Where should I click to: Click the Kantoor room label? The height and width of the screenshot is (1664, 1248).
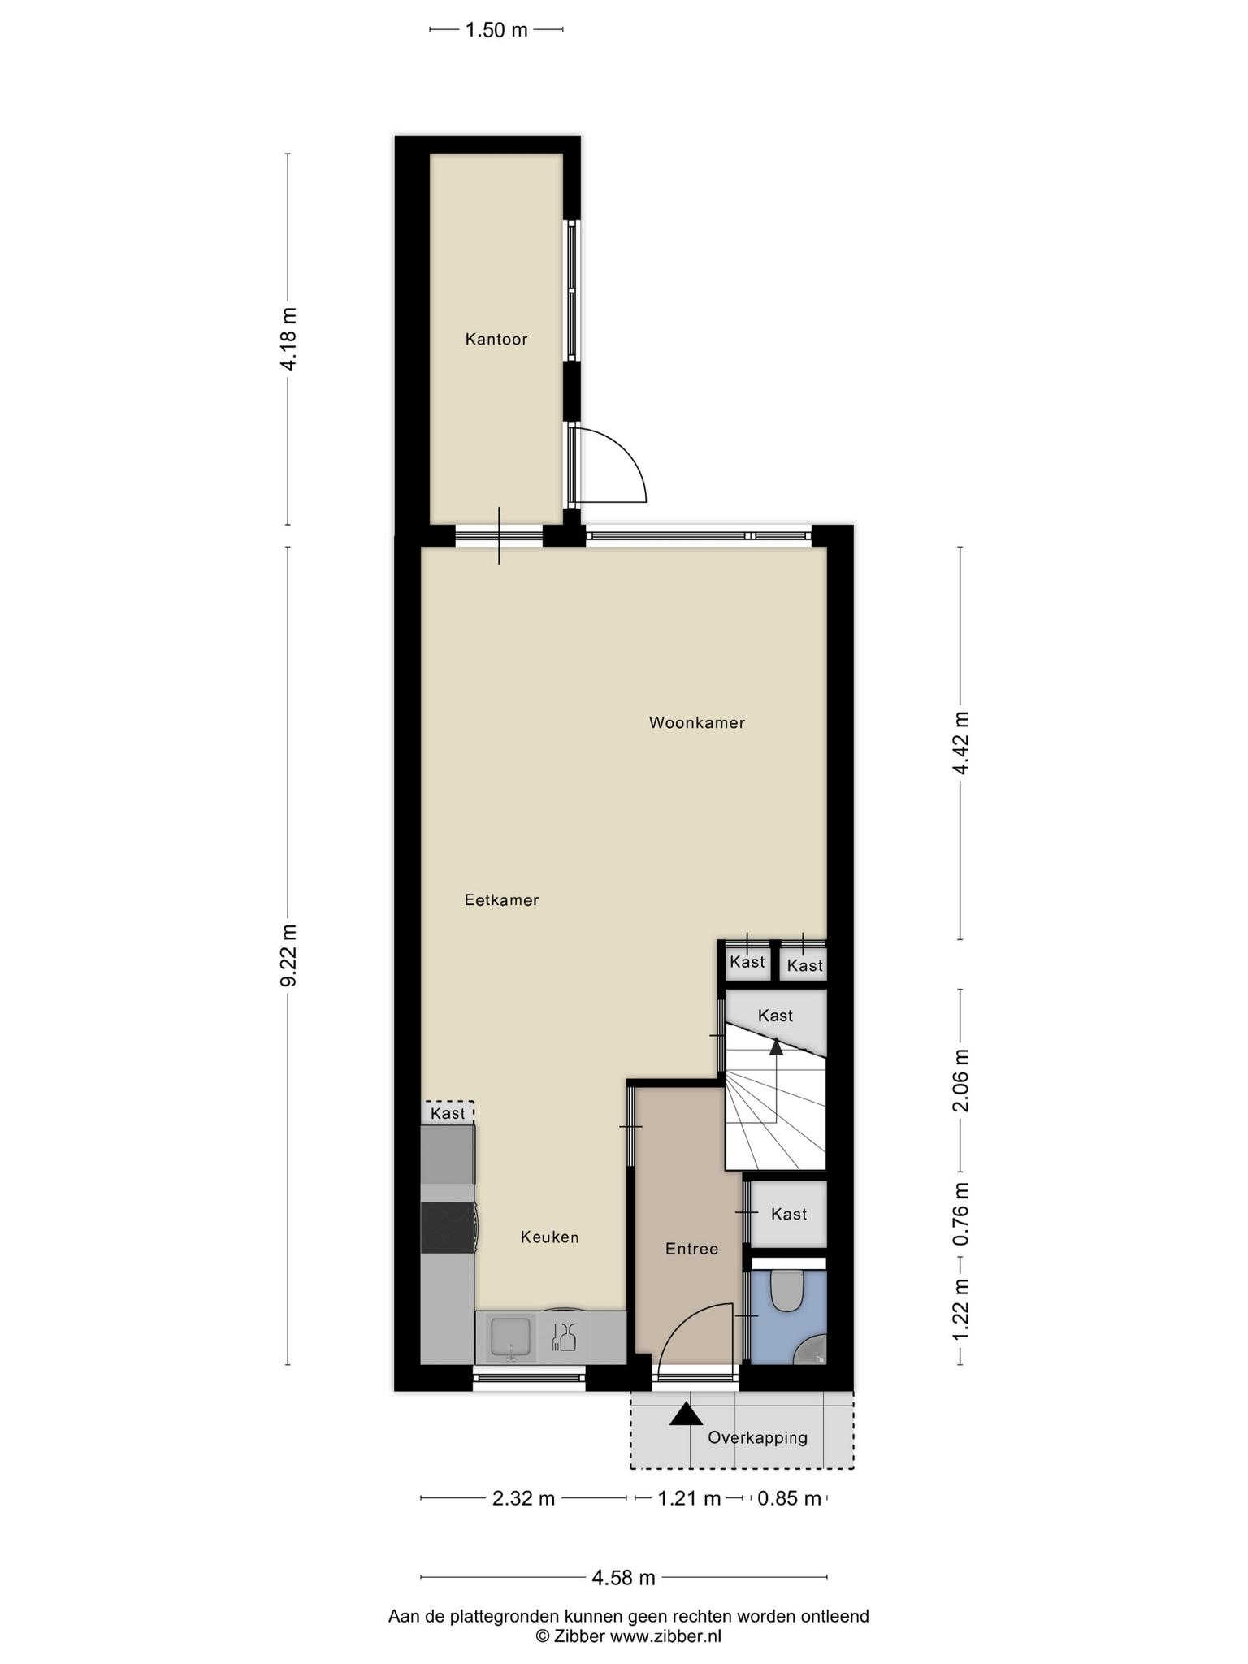(x=496, y=340)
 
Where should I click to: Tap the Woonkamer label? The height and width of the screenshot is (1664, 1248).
(x=697, y=722)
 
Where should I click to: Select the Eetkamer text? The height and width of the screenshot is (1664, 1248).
(x=502, y=900)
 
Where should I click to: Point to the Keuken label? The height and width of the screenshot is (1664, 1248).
(x=550, y=1237)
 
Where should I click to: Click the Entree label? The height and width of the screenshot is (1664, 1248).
(x=692, y=1249)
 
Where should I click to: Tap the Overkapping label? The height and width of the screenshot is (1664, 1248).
(x=758, y=1437)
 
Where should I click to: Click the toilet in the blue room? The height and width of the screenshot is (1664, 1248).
(x=786, y=1290)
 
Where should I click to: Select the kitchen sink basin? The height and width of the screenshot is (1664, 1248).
(x=510, y=1337)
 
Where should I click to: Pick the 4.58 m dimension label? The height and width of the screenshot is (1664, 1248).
(x=624, y=1578)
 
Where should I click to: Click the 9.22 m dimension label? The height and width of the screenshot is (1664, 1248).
(x=289, y=955)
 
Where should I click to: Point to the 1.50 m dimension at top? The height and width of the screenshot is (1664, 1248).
(x=496, y=30)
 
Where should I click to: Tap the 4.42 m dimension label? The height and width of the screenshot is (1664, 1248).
(x=962, y=743)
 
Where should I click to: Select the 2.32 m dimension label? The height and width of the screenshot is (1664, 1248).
(x=524, y=1498)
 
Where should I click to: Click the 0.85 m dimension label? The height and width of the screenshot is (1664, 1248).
(x=790, y=1498)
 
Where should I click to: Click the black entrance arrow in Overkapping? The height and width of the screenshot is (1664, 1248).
(x=687, y=1415)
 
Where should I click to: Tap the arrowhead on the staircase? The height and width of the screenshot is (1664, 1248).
(x=776, y=1046)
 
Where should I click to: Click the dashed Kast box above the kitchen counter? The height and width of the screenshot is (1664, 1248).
(x=448, y=1112)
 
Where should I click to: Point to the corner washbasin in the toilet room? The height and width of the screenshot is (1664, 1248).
(x=811, y=1350)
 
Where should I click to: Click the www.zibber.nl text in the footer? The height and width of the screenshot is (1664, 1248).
(x=666, y=1636)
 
